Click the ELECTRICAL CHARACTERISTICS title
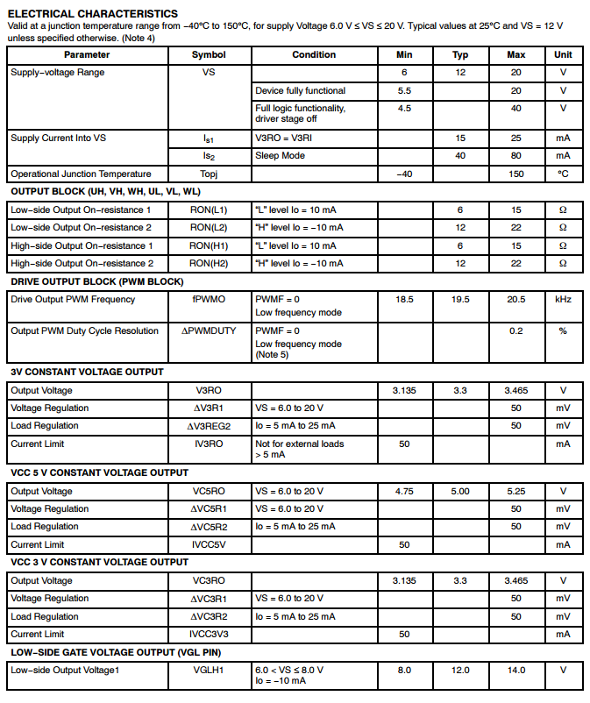tap(92, 14)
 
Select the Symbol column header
tap(209, 54)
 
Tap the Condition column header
tap(314, 54)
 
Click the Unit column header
tap(563, 54)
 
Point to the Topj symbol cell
tap(209, 174)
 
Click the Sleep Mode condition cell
tap(281, 156)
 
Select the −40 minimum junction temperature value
tap(404, 174)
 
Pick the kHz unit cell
tap(563, 300)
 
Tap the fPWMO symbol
tap(209, 300)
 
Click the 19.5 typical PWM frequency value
tap(460, 300)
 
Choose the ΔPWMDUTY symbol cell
tap(209, 331)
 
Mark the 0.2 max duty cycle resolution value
tap(516, 331)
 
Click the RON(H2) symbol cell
tap(209, 263)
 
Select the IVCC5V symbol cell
tap(209, 544)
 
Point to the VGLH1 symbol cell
tap(209, 671)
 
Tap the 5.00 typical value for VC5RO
tap(460, 492)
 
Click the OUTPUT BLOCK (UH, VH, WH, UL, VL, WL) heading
tap(105, 192)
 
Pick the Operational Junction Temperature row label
tap(81, 174)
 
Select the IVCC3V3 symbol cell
tap(209, 634)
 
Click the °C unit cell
tap(563, 174)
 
